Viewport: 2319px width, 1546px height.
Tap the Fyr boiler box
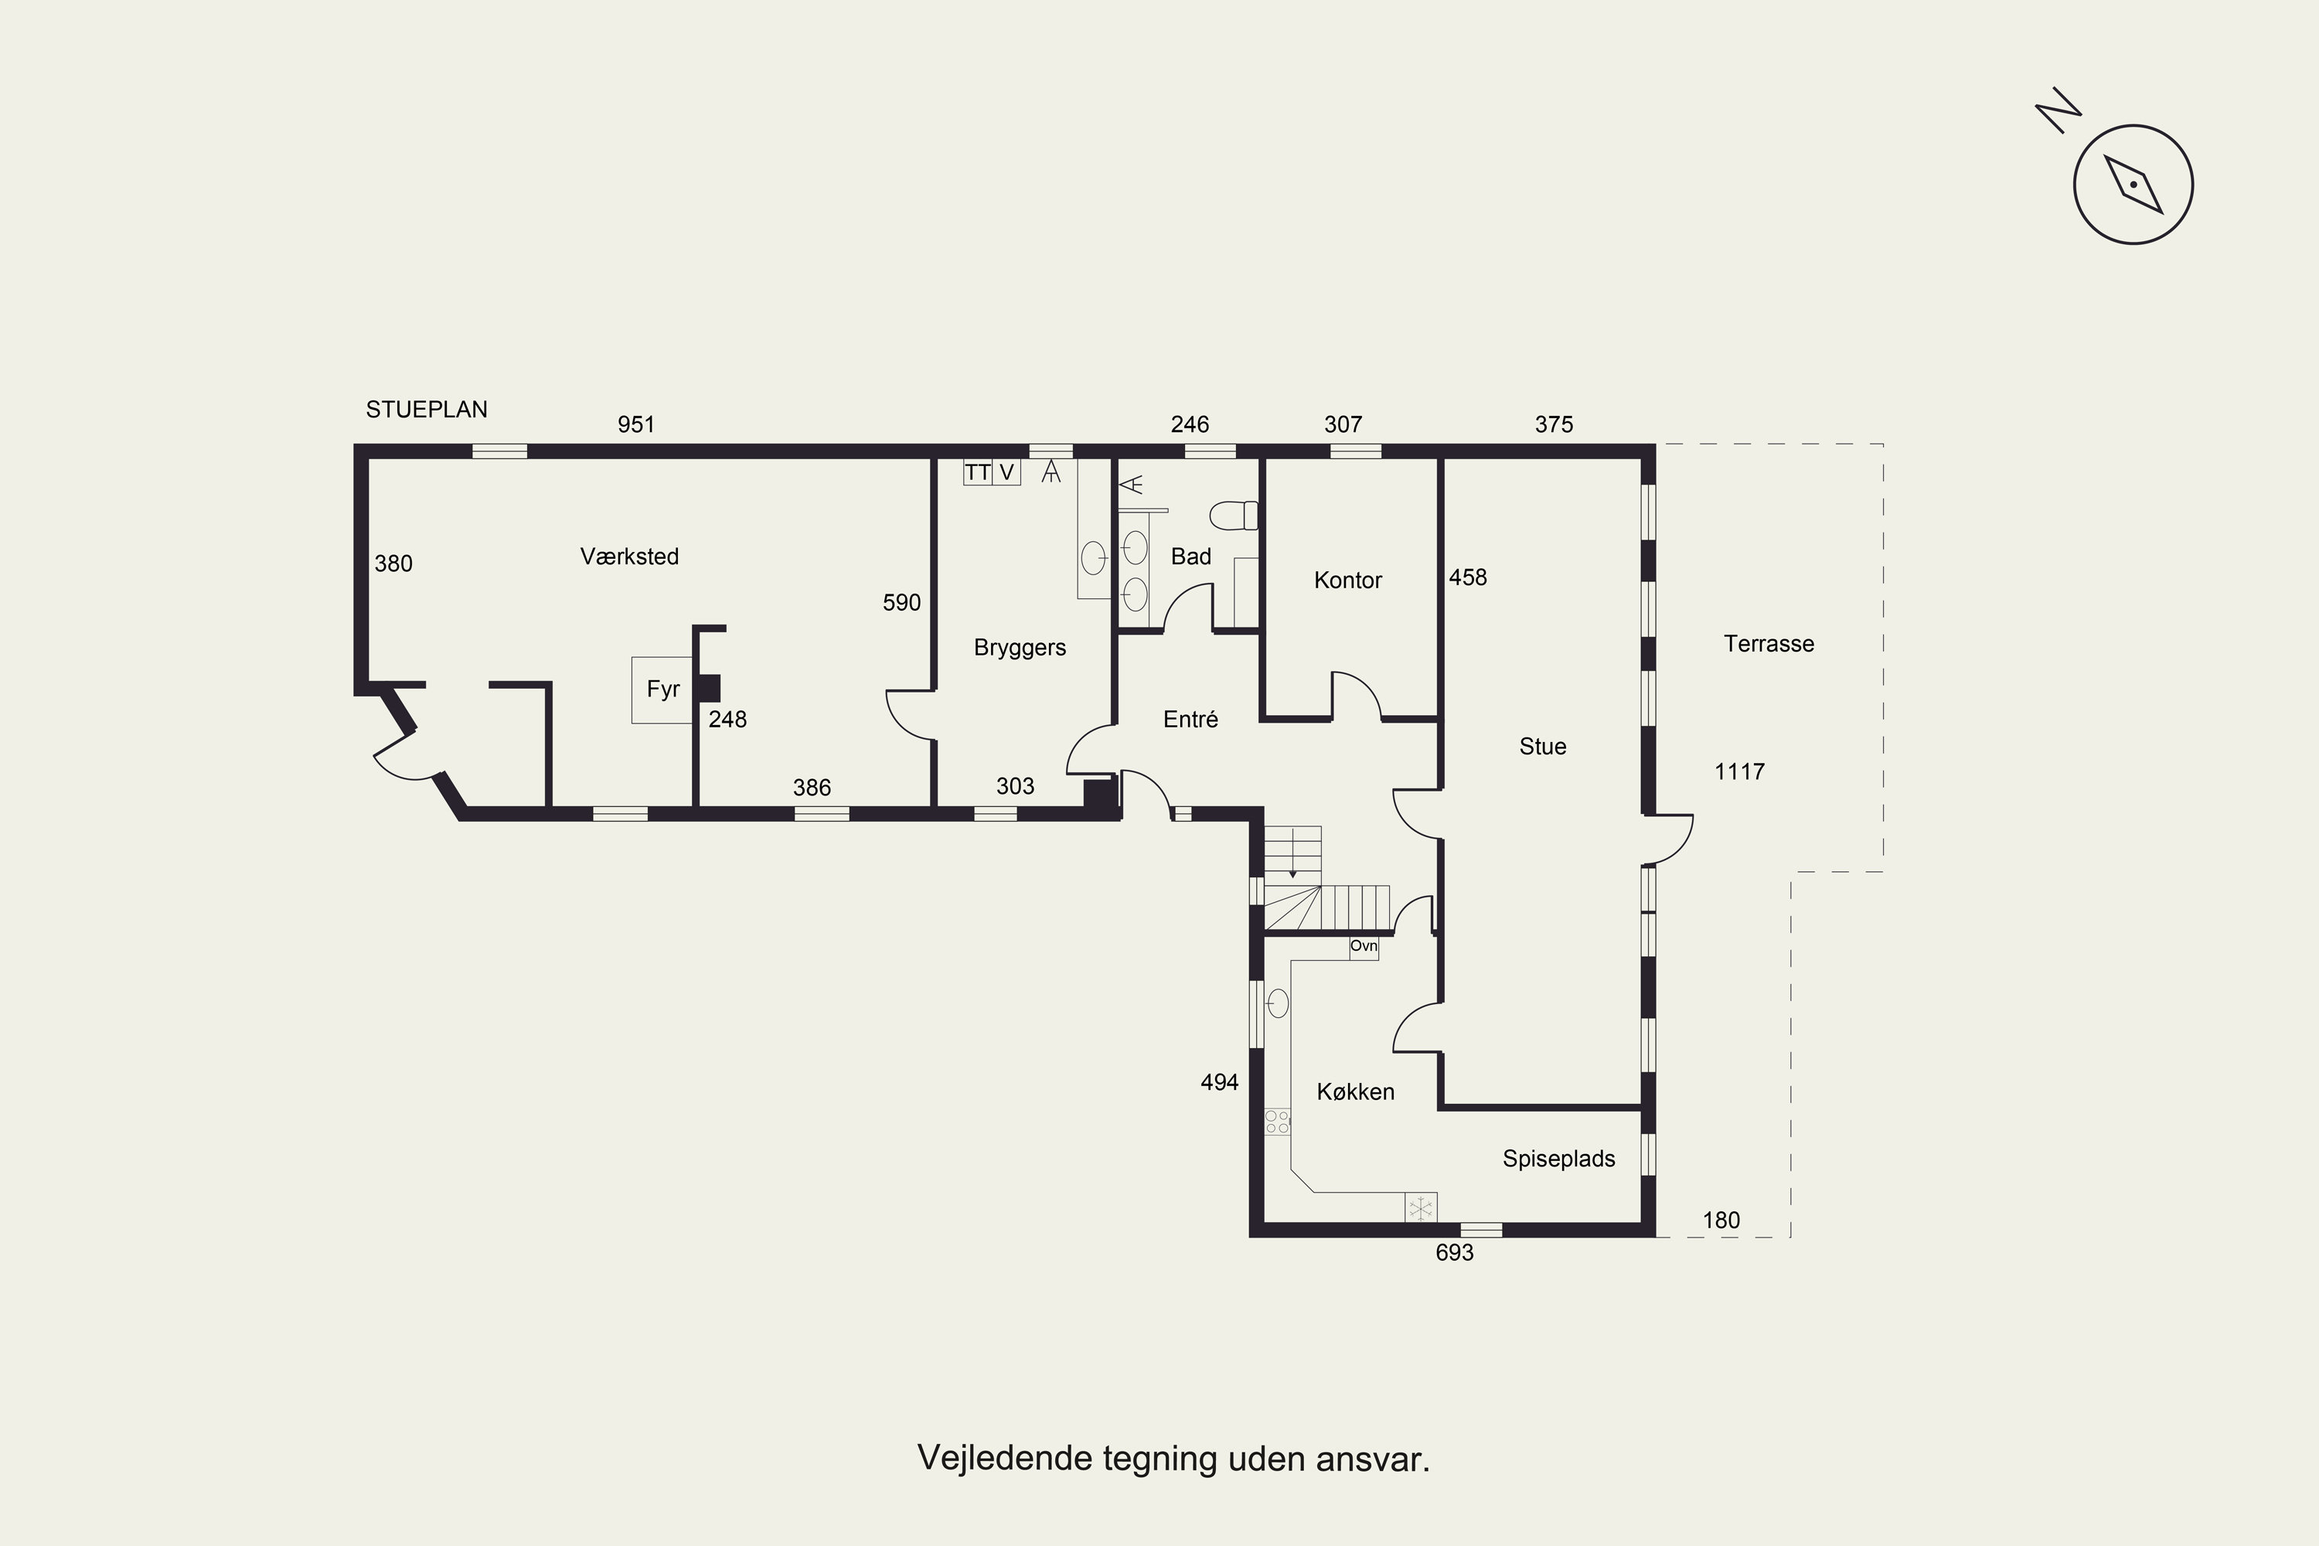(662, 690)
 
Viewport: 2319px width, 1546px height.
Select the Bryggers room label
(1020, 648)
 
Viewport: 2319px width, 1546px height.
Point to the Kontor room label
(1348, 580)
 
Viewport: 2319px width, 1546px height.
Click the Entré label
(1190, 719)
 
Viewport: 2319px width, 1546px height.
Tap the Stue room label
(1542, 747)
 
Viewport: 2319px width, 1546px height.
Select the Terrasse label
(1769, 644)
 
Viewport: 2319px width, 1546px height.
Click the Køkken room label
(1356, 1091)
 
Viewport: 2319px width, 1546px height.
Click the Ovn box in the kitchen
(1364, 946)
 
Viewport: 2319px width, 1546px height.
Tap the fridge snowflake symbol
(1421, 1207)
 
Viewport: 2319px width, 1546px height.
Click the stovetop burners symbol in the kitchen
(1277, 1121)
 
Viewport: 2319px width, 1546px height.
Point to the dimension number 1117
(1739, 772)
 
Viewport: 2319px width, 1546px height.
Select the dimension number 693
(1454, 1252)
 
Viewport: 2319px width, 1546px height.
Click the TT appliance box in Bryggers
(977, 472)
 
